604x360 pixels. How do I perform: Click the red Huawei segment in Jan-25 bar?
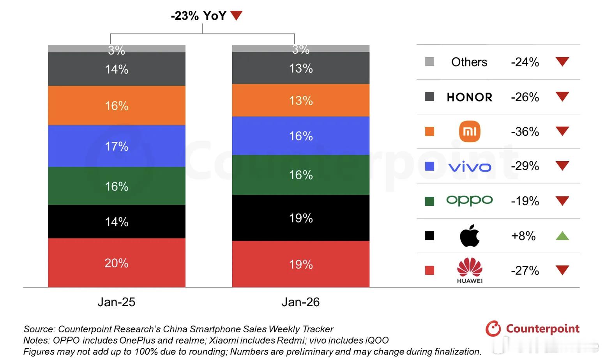coord(117,263)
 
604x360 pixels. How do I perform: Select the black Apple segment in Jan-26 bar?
coord(300,218)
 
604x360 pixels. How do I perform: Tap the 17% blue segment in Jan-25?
coord(117,146)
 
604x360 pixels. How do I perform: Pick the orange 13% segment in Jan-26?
coord(300,101)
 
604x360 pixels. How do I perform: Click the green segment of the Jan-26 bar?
coord(300,175)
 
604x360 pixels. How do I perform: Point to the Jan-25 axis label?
coord(117,302)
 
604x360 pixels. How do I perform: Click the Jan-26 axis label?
coord(300,302)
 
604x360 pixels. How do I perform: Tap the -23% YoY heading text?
coord(198,16)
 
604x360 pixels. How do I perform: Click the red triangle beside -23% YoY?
coord(236,16)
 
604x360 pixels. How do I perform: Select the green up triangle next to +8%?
coord(562,236)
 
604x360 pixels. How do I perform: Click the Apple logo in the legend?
coord(470,235)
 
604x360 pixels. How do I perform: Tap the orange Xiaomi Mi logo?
coord(470,131)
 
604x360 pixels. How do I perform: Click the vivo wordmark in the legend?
coord(470,167)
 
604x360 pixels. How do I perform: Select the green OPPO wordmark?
coord(470,201)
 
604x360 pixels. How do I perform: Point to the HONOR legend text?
coord(470,97)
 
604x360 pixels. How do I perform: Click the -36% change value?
coord(525,132)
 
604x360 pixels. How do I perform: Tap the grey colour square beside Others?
coord(429,62)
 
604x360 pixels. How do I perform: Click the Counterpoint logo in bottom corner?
coord(532,328)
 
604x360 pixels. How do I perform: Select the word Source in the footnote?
coord(38,329)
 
